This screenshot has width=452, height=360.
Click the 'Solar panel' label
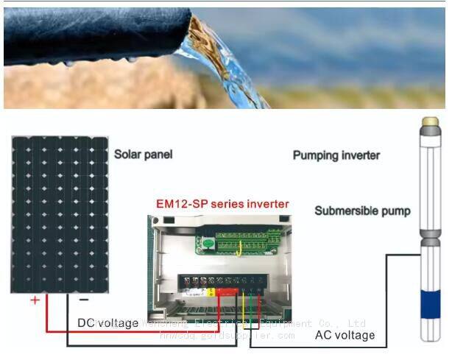(x=143, y=155)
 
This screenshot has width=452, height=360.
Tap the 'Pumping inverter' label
(x=336, y=155)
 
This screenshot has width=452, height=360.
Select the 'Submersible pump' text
(x=362, y=211)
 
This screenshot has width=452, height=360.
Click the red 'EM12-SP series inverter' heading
(x=222, y=203)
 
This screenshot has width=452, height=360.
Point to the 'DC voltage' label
(x=107, y=323)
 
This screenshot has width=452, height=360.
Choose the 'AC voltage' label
(x=345, y=335)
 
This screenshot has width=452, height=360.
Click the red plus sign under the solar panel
(x=35, y=301)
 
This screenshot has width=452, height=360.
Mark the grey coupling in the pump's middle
(x=429, y=242)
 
